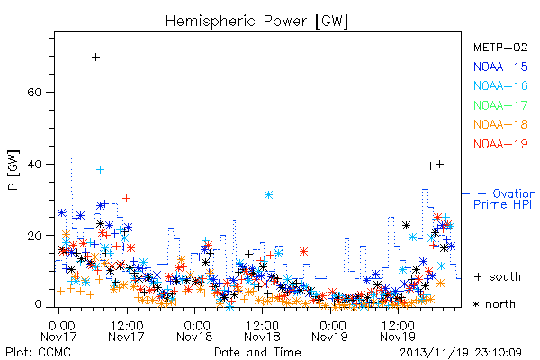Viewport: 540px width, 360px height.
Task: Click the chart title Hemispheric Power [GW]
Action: (256, 21)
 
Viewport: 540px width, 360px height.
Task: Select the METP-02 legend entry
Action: (500, 47)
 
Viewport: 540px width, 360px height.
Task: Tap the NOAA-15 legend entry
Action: (500, 67)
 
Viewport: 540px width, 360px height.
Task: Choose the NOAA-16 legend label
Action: (500, 85)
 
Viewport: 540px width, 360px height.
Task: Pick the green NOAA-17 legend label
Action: (500, 104)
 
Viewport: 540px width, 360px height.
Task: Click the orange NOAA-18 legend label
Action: (500, 124)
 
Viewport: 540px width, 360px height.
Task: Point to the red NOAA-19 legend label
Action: (500, 144)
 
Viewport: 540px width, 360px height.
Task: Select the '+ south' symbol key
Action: (498, 276)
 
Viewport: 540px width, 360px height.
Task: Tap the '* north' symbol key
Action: (494, 304)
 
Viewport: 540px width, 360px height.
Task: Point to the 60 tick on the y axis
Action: (34, 93)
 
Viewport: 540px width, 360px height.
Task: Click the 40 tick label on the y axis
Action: (34, 164)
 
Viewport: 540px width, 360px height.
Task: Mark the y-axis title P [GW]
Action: (13, 169)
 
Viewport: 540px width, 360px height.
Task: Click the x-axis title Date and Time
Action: (257, 352)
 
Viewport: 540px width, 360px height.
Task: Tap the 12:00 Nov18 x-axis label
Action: (262, 331)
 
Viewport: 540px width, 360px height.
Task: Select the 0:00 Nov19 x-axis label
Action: (330, 331)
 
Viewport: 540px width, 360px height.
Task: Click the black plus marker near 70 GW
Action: (96, 58)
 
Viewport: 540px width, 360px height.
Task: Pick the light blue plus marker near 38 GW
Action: (100, 169)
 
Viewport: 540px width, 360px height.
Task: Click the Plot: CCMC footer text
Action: (38, 352)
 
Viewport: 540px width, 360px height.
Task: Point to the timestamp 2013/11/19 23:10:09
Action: (461, 353)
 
